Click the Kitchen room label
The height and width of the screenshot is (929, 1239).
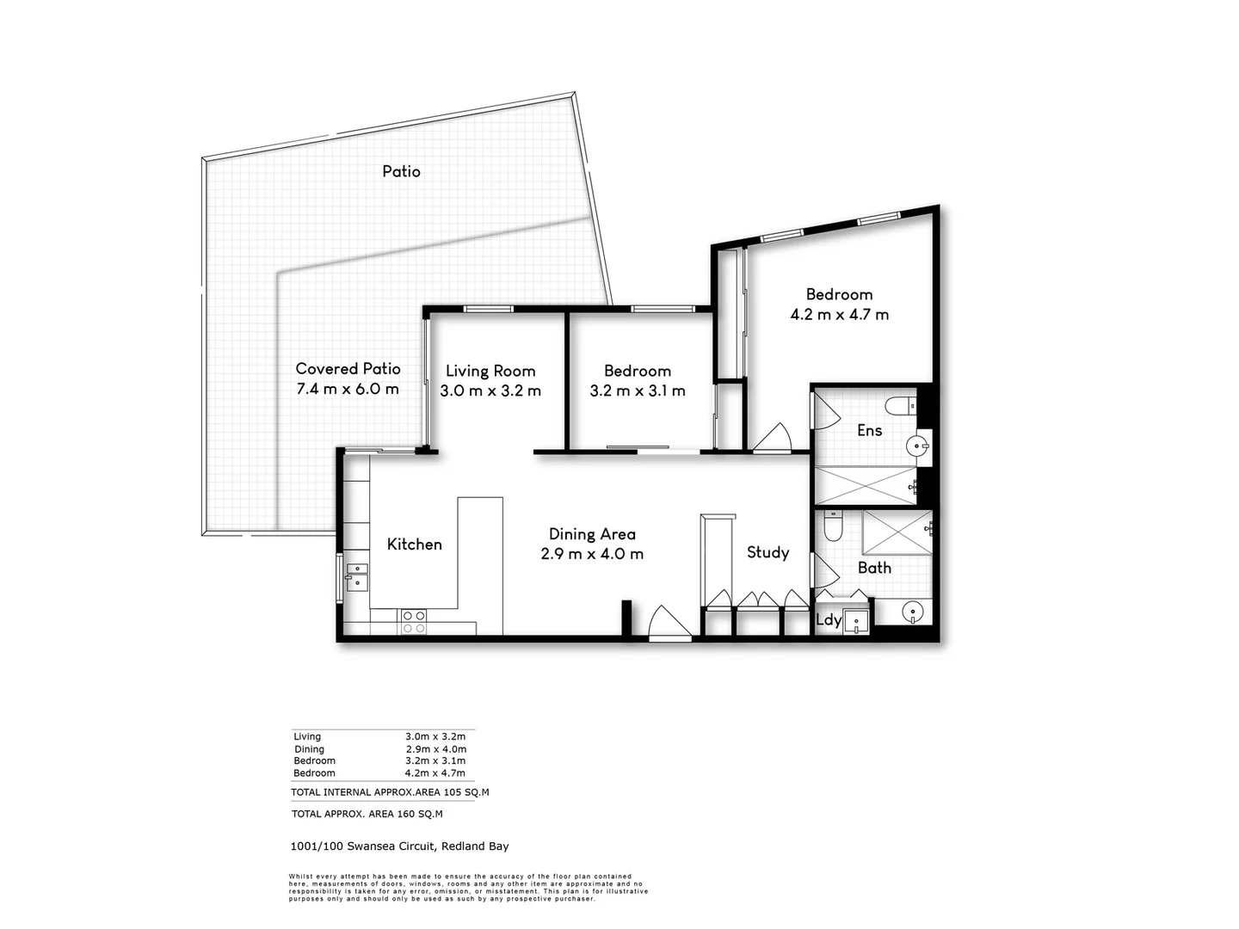tap(414, 544)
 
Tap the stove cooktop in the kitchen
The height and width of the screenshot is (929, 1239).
tap(413, 621)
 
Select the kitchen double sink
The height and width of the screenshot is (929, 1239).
tap(356, 577)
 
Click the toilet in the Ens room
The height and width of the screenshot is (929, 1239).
tap(900, 405)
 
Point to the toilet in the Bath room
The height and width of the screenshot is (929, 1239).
tap(833, 525)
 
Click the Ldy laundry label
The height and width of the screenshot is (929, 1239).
tap(828, 619)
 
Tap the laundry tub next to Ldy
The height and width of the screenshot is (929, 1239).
tap(857, 621)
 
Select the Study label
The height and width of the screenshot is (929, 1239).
tap(767, 552)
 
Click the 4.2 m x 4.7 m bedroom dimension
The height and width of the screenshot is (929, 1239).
tap(839, 315)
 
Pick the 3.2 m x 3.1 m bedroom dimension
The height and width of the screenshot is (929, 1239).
tap(638, 391)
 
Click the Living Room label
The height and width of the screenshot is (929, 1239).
tap(490, 371)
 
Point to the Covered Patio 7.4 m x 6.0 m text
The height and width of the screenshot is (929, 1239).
tap(348, 378)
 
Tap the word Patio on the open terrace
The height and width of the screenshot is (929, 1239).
tap(401, 171)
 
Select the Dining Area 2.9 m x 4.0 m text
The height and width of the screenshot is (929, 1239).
tap(592, 544)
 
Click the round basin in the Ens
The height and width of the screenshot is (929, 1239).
tap(918, 446)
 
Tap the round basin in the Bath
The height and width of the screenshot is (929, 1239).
tap(913, 612)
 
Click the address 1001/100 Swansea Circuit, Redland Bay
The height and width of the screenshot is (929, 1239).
tap(399, 846)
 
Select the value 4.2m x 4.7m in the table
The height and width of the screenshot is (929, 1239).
tap(435, 773)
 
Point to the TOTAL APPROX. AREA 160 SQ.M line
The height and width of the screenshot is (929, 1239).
tap(367, 814)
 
